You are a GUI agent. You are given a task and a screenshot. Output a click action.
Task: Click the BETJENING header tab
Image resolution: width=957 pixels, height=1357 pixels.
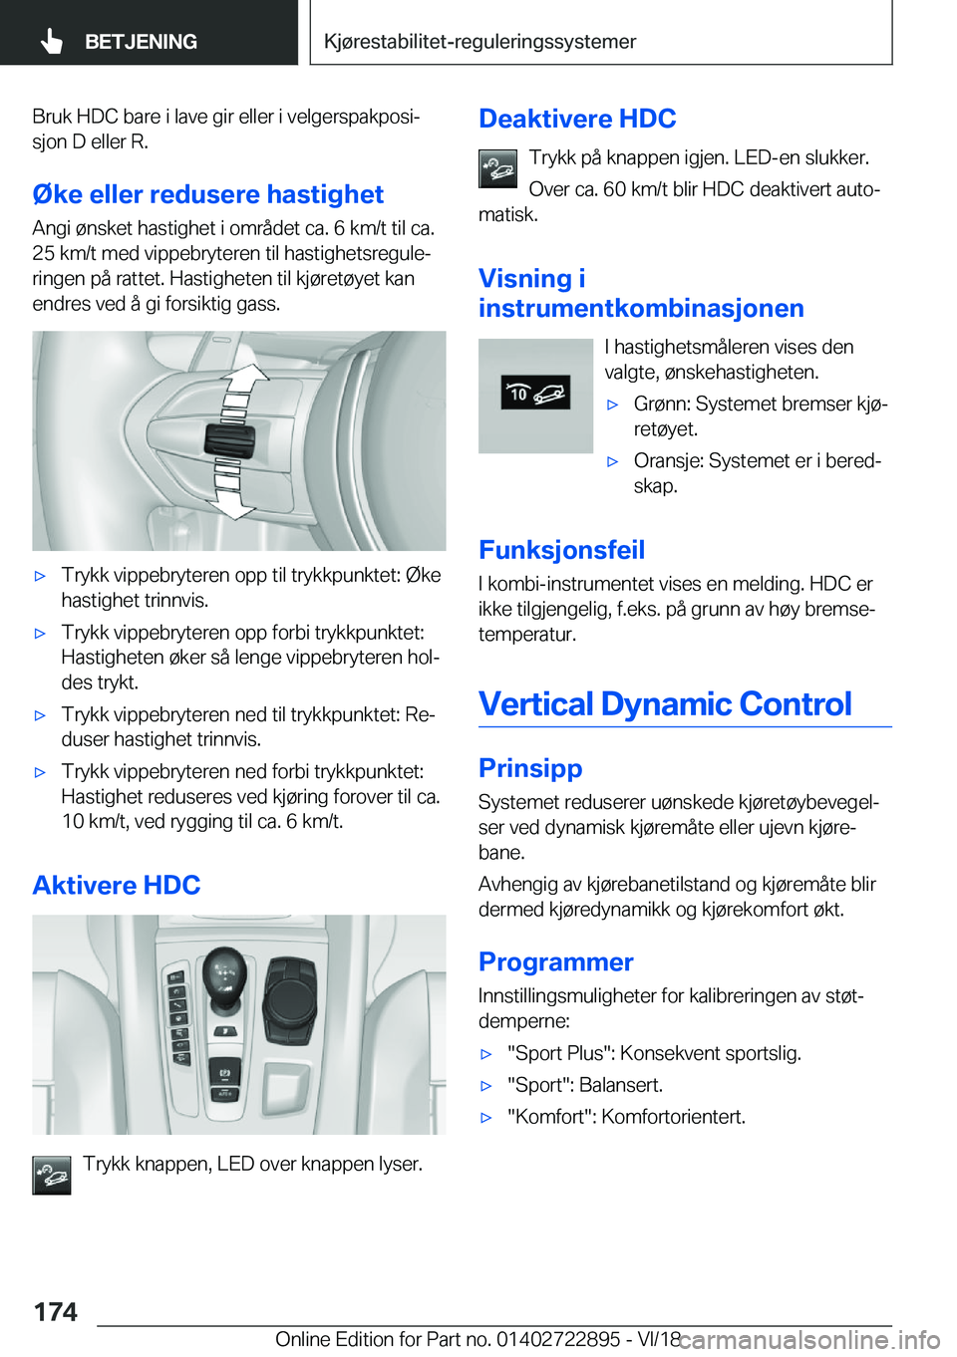pyautogui.click(x=141, y=42)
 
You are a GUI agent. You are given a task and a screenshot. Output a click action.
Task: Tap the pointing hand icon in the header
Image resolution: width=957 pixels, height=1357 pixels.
pyautogui.click(x=52, y=42)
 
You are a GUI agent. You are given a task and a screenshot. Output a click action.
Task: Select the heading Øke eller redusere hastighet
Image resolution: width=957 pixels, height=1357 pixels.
pyautogui.click(x=207, y=194)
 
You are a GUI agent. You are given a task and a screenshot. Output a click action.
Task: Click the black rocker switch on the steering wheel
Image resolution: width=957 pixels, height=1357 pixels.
pyautogui.click(x=229, y=440)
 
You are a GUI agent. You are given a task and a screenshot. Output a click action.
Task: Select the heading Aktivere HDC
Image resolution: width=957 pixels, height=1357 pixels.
pyautogui.click(x=117, y=885)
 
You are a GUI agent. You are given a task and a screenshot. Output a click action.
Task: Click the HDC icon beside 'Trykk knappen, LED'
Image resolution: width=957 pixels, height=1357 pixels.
pyautogui.click(x=52, y=1175)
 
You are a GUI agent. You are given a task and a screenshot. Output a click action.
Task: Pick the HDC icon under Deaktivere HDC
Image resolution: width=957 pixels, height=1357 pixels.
pyautogui.click(x=497, y=168)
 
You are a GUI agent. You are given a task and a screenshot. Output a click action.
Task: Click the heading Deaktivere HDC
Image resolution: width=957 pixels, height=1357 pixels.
pyautogui.click(x=577, y=119)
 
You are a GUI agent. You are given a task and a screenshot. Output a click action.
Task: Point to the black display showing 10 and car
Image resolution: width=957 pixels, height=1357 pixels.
pyautogui.click(x=535, y=394)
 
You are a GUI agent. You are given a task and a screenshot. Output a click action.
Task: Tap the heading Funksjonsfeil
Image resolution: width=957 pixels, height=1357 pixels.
pyautogui.click(x=561, y=550)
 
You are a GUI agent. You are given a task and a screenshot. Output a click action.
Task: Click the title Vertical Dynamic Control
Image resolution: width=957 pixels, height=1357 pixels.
pyautogui.click(x=665, y=704)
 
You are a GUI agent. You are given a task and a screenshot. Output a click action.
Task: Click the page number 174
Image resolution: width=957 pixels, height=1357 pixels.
pyautogui.click(x=56, y=1312)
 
